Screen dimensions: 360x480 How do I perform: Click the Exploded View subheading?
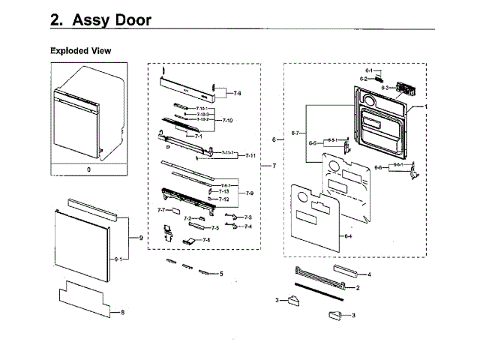click(80, 50)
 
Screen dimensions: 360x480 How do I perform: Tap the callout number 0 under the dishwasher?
click(88, 170)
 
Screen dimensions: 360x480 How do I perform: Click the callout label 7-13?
click(223, 192)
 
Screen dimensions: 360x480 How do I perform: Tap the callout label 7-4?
click(248, 226)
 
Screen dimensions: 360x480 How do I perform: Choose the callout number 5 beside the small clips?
click(221, 274)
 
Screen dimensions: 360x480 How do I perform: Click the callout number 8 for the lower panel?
click(122, 311)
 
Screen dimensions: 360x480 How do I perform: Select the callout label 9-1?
click(118, 259)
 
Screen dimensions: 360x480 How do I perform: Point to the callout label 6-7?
click(295, 133)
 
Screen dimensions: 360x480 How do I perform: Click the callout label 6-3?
click(383, 88)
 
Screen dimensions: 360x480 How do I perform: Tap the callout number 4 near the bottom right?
click(369, 274)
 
